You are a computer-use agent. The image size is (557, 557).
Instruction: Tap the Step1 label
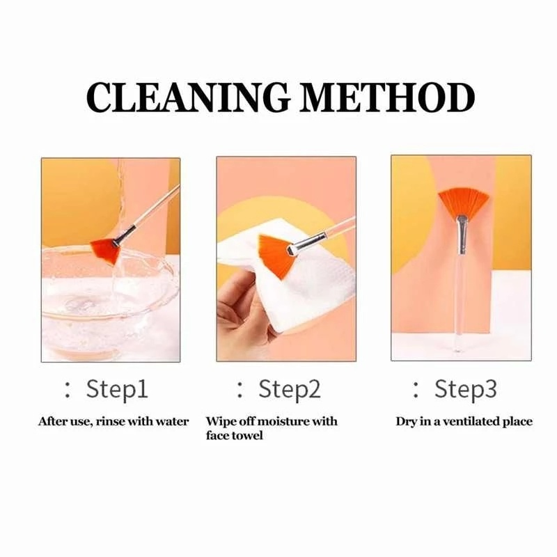[117, 389]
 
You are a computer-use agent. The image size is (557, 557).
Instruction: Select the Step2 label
[290, 389]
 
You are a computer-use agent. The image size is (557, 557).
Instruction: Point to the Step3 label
[466, 389]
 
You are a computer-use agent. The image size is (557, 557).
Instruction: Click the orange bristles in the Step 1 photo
[107, 250]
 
